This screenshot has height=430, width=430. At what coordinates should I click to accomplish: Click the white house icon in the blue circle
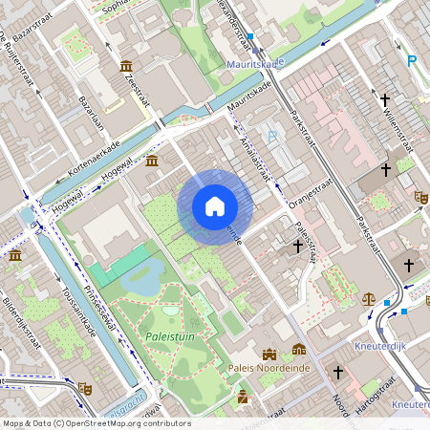pos(215,206)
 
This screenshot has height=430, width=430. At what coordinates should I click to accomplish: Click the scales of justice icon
pos(370,298)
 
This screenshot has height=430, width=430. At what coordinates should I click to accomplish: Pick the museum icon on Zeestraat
pos(126,65)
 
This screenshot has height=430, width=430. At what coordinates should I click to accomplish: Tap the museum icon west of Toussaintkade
pos(15,255)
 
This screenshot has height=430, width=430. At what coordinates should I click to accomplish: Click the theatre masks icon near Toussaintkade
pos(84,389)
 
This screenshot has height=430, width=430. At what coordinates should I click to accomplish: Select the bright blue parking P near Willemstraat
pos(412,61)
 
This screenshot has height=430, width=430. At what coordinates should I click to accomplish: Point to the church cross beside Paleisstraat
pos(298,247)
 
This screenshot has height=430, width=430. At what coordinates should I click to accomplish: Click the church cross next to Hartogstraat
pos(337,371)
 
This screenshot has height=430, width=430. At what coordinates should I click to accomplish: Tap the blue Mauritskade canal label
pos(255,64)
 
